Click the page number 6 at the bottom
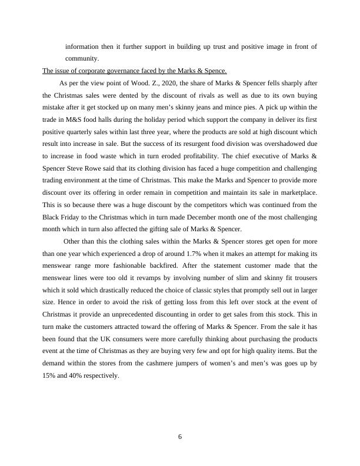180,436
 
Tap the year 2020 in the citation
168,84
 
